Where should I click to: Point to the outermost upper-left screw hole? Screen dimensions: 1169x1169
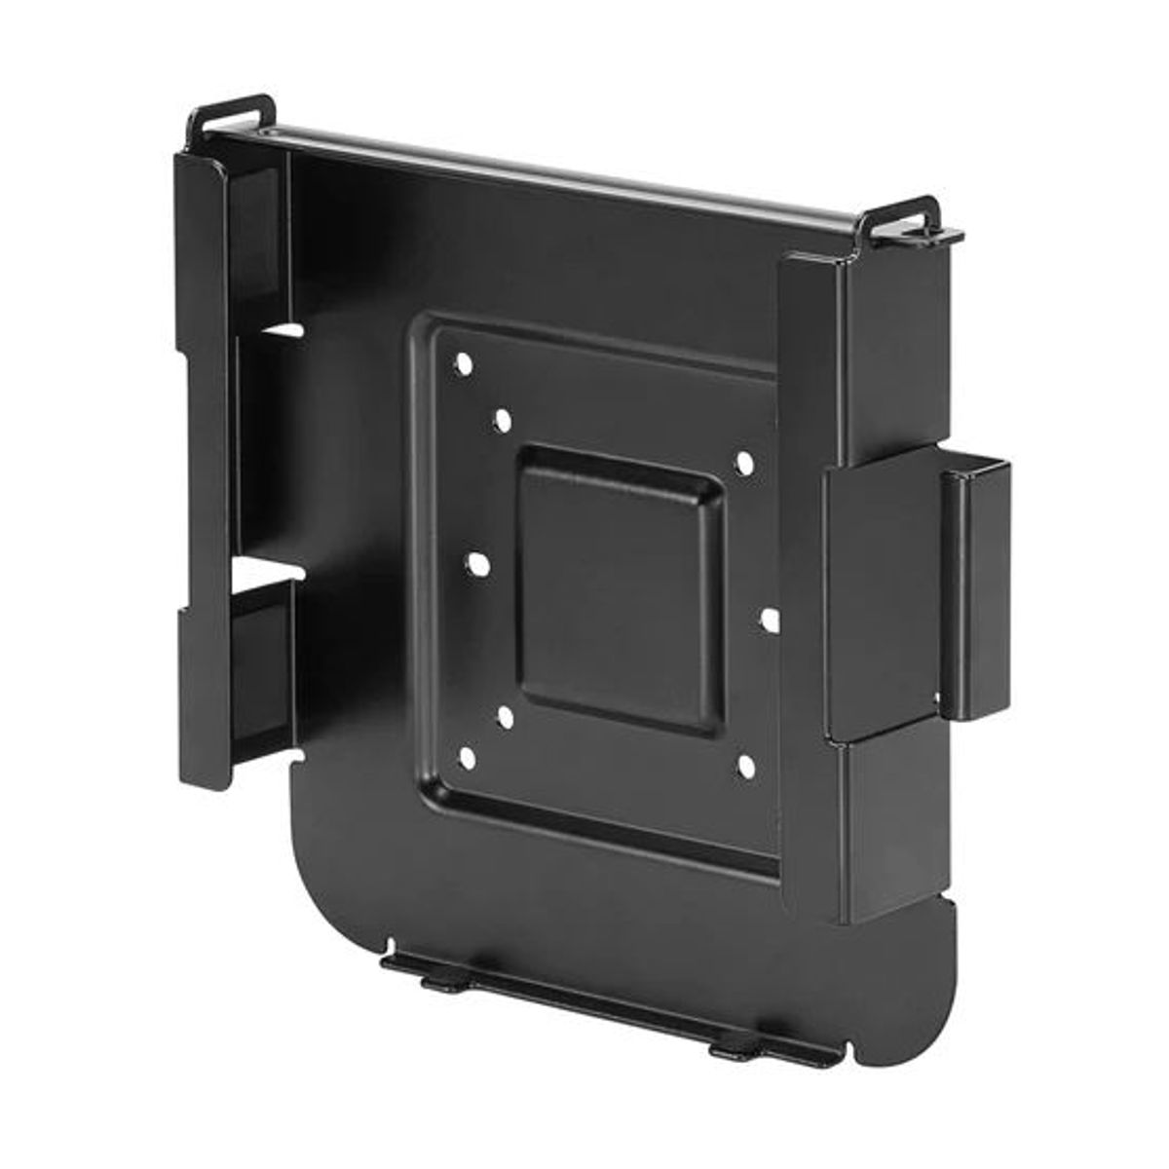(465, 365)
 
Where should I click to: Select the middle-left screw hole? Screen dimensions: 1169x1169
(478, 563)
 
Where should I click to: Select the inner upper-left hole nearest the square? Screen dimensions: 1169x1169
(504, 421)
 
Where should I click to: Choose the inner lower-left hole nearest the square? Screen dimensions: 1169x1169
(505, 718)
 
